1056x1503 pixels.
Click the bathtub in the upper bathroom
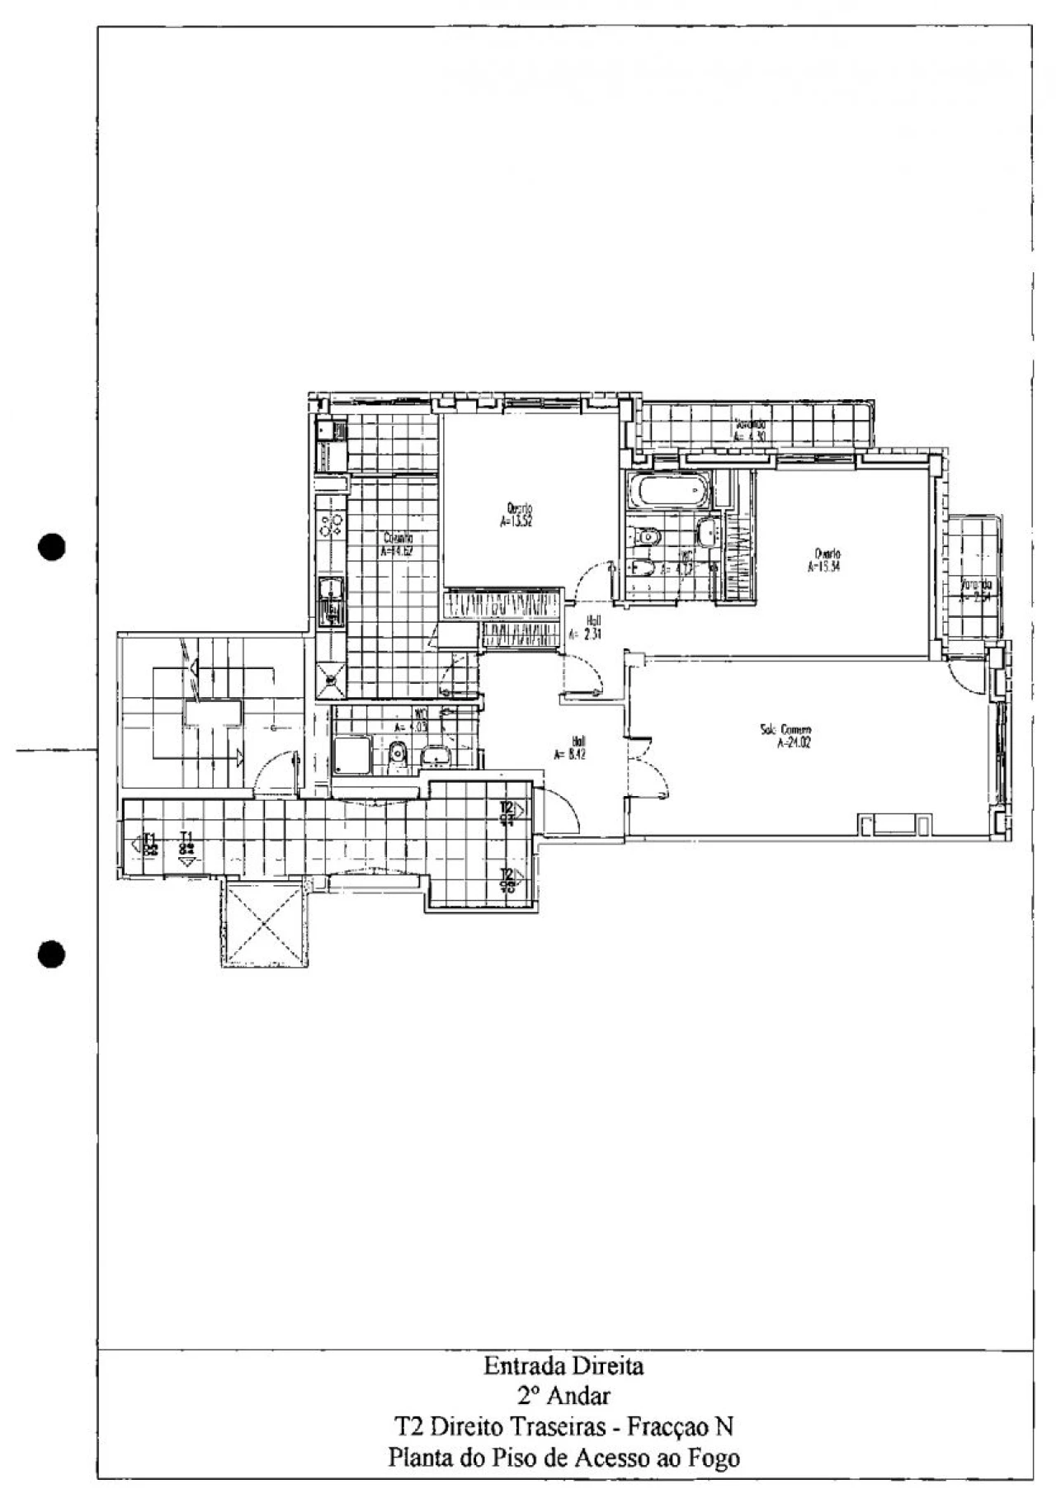click(x=669, y=493)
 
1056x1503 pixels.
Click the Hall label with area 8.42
click(x=577, y=747)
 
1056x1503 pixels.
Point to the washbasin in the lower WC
click(x=434, y=754)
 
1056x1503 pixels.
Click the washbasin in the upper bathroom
click(x=707, y=533)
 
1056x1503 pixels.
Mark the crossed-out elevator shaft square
click(x=265, y=923)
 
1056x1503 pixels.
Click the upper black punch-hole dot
click(x=51, y=547)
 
